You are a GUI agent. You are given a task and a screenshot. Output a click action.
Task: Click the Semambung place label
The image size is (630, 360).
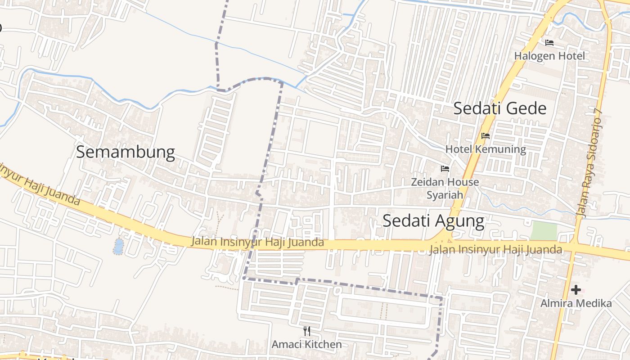tap(125, 152)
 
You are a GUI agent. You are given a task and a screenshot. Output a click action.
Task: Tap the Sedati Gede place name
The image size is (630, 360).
tap(499, 108)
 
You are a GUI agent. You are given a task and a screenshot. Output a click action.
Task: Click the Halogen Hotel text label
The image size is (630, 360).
tap(550, 56)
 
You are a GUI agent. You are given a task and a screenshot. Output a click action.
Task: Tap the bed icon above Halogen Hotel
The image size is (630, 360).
tap(549, 43)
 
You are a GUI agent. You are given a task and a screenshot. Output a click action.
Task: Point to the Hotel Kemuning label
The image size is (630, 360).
tap(486, 149)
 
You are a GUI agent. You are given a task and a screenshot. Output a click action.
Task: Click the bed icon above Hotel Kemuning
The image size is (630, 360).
tap(486, 135)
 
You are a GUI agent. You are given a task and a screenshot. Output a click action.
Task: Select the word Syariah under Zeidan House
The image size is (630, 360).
tap(445, 195)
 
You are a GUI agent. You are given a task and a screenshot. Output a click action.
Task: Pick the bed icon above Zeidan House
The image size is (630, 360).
tap(445, 169)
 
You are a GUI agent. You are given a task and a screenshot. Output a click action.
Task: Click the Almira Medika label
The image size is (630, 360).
tap(576, 303)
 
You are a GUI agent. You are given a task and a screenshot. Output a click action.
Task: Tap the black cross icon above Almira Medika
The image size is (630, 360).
tap(576, 290)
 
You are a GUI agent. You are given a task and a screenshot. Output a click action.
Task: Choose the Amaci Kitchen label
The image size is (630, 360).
tap(306, 345)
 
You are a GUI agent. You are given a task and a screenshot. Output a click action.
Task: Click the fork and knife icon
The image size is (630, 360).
tap(307, 332)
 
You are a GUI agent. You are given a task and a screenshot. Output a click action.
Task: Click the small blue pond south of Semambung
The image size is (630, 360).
tap(118, 246)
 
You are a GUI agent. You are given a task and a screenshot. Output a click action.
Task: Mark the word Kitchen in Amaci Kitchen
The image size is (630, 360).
tap(322, 345)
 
